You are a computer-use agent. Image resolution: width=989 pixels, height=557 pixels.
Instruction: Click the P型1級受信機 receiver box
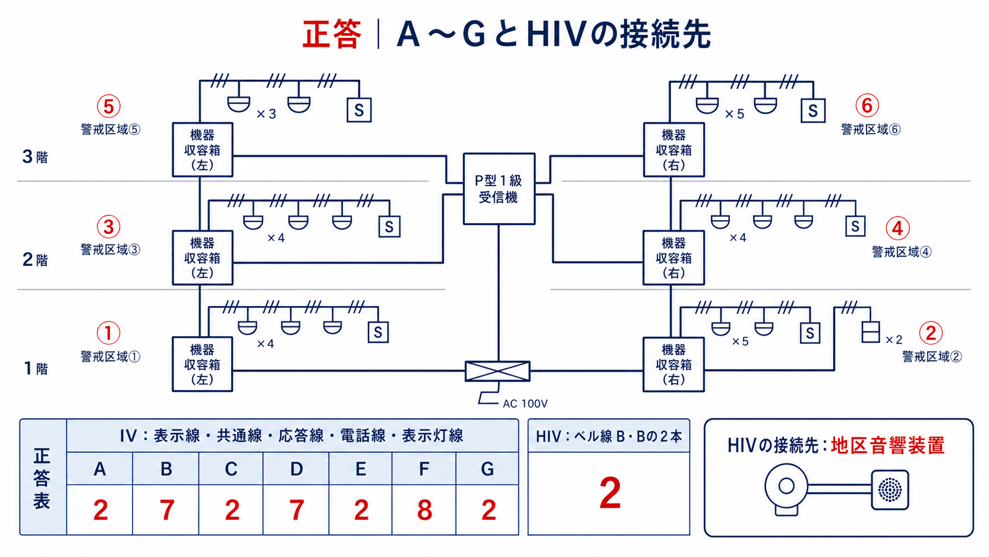pos(499,189)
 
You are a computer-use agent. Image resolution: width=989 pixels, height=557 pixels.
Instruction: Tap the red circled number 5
pos(109,106)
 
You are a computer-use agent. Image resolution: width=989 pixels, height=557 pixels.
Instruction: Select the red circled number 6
pos(867,105)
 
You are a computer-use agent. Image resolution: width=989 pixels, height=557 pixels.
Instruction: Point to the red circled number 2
pos(930,333)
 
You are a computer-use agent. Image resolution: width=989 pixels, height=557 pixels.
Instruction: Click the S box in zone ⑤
pos(359,110)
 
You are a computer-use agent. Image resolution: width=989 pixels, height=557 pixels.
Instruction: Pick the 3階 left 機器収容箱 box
pos(202,150)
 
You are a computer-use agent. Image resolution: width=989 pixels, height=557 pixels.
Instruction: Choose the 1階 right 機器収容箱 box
pos(673,365)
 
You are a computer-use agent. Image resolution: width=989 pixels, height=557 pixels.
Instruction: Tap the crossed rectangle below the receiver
pos(497,371)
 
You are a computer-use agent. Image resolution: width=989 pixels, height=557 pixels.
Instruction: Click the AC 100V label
pos(525,404)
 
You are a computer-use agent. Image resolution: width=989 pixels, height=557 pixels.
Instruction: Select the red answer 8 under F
pos(424,510)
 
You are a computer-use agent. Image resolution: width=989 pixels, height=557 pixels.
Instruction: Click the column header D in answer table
pos(296,469)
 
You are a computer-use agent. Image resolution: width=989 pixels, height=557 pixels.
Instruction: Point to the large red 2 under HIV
pos(610,494)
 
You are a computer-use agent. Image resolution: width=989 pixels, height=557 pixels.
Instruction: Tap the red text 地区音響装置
pos(887,446)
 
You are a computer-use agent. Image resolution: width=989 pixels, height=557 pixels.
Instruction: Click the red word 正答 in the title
pos(332,34)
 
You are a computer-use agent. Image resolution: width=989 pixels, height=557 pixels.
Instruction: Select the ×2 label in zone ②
pos(894,340)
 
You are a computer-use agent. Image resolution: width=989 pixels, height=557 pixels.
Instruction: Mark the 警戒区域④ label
pos(901,252)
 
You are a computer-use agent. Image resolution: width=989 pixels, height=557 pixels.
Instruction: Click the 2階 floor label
pos(35,260)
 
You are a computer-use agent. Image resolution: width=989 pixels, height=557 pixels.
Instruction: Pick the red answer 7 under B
pos(166,510)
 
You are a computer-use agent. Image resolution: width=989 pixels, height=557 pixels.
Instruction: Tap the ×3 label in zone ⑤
pos(266,114)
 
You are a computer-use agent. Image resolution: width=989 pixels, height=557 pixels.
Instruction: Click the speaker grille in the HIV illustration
pos(890,490)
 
